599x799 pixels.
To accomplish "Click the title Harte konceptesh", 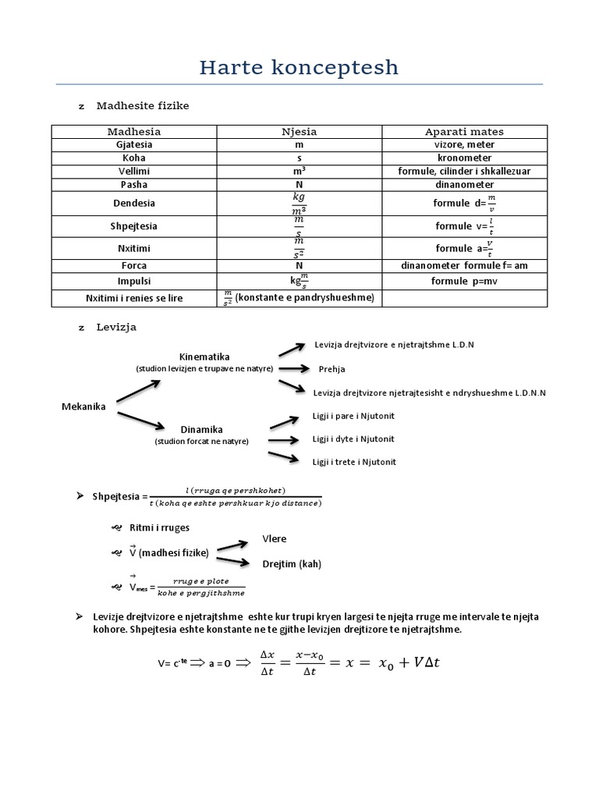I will click(x=299, y=68).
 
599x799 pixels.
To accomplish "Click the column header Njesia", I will click(x=299, y=132).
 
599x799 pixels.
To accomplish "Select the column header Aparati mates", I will click(x=464, y=132).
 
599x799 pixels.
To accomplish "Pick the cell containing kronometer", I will click(x=464, y=158).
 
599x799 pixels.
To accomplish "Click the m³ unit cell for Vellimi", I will click(x=299, y=171).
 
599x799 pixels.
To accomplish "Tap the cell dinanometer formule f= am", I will click(x=464, y=265).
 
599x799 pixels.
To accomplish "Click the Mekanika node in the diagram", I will click(x=83, y=407).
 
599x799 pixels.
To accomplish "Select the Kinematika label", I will click(x=204, y=357).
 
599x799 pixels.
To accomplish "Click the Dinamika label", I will click(x=201, y=430).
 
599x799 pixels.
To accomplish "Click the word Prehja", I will click(x=331, y=369).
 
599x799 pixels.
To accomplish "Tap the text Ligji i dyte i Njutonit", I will click(x=353, y=439).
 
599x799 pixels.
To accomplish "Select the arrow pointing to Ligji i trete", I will click(x=285, y=457).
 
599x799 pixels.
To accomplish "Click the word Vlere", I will click(x=274, y=539).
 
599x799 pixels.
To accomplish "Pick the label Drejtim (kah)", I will click(x=292, y=563).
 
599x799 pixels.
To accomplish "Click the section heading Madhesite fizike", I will click(x=143, y=105).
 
